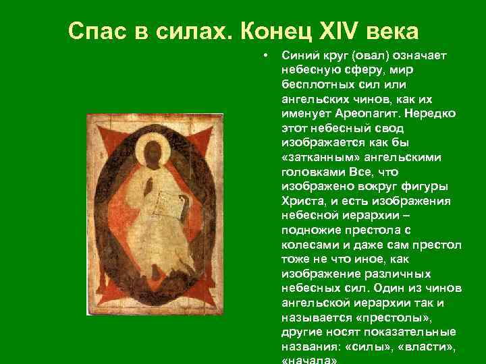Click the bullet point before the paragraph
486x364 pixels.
click(268, 55)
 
